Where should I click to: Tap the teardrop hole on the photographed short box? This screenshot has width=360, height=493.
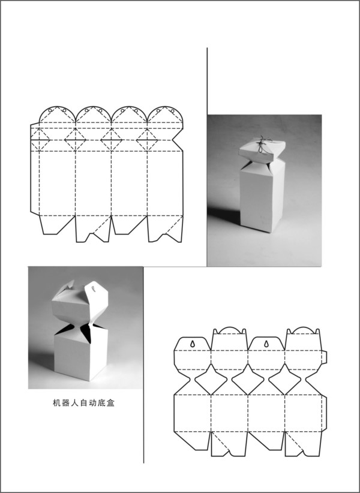tap(94, 288)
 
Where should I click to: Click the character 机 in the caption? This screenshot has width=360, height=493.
tap(56, 403)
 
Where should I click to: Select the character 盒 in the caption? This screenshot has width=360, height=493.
tap(110, 403)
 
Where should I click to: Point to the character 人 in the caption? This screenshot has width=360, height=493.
tap(74, 403)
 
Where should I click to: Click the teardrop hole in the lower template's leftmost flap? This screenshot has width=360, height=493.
tap(193, 344)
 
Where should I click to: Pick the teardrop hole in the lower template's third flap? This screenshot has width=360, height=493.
tap(266, 344)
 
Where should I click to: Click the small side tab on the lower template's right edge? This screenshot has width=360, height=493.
tap(325, 357)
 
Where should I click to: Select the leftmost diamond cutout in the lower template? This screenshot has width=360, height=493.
tap(211, 380)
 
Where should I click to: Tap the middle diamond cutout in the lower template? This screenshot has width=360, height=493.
tap(248, 380)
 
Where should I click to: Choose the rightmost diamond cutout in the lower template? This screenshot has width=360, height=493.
tap(285, 380)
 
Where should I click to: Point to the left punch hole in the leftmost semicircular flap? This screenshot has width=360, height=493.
tap(50, 110)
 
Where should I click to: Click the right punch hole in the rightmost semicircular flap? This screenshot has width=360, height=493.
tap(172, 111)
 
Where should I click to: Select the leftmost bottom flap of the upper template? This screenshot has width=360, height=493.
tap(56, 224)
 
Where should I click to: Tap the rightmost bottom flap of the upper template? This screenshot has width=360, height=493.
tap(165, 229)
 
